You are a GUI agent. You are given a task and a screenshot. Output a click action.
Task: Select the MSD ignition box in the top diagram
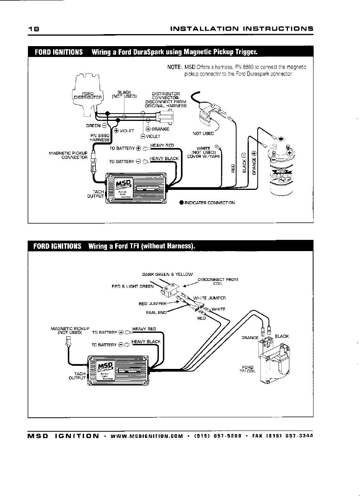(136, 188)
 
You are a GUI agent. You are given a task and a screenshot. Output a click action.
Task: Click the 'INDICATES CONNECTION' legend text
(209, 203)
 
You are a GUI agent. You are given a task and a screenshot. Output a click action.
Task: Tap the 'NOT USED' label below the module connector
(203, 134)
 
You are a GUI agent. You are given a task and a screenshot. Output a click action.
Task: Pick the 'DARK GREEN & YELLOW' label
(167, 274)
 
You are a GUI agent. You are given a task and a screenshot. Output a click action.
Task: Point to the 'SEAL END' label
(156, 312)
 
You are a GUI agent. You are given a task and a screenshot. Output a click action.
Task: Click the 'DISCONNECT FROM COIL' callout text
(217, 281)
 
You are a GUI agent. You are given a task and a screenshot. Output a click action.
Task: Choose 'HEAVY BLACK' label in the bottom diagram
(146, 341)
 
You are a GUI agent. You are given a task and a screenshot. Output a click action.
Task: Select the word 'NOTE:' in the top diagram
(174, 67)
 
